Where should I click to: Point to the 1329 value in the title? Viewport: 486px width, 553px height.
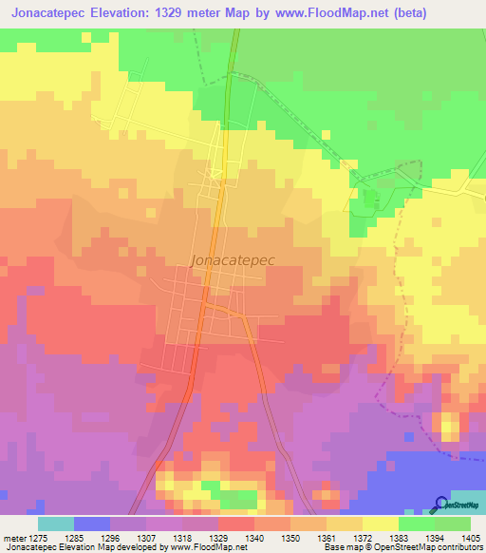(x=196, y=13)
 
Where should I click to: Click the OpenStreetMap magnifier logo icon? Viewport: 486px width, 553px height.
(x=440, y=505)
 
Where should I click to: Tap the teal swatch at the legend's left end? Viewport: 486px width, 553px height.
(x=56, y=524)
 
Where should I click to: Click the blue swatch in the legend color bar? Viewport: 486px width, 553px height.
(x=92, y=524)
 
